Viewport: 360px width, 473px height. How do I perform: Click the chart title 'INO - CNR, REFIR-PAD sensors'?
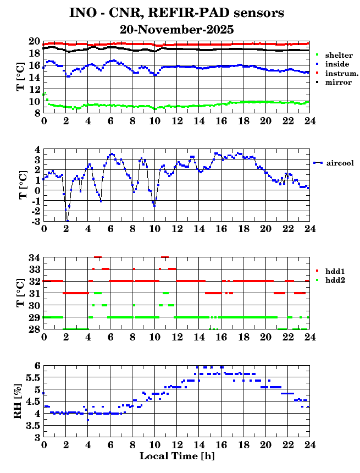pos(176,12)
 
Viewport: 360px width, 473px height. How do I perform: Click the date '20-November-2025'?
pos(176,29)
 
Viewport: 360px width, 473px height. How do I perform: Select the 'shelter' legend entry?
pos(338,56)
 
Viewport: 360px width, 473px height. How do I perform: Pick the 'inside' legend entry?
pos(336,64)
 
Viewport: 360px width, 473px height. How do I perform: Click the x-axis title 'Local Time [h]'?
pos(176,457)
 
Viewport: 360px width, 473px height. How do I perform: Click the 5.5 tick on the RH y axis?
pos(32,378)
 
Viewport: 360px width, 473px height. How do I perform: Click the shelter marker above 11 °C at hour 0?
pos(44,94)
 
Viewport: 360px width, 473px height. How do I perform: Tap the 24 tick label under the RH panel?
pos(309,444)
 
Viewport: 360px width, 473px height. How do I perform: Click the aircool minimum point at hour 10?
pos(154,206)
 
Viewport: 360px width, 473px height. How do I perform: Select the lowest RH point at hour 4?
pos(88,420)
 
